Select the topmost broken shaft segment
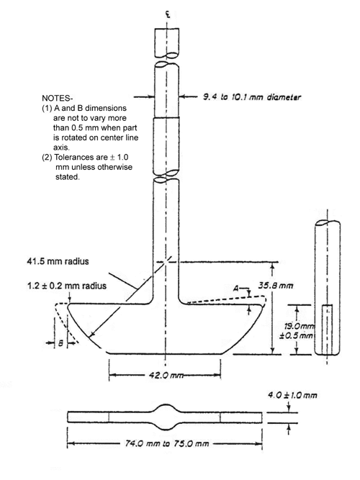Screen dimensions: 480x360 point(166,44)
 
